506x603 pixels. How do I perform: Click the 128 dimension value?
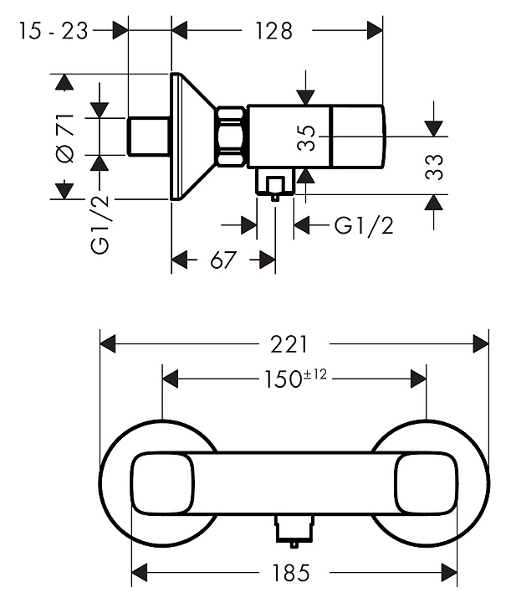point(274,31)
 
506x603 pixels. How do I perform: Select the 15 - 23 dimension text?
point(53,31)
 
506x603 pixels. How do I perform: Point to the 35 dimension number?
point(306,137)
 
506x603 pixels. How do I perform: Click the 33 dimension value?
point(433,167)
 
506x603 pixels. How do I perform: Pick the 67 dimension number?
point(222,260)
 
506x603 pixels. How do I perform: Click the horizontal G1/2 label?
point(364,225)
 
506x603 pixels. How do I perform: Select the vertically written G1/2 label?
point(100,225)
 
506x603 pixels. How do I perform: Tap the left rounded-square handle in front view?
point(163,483)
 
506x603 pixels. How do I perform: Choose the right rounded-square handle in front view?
point(426,483)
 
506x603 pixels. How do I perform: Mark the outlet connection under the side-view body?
point(274,184)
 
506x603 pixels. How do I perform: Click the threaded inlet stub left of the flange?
point(149,137)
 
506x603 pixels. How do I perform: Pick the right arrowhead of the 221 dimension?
point(481,343)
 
